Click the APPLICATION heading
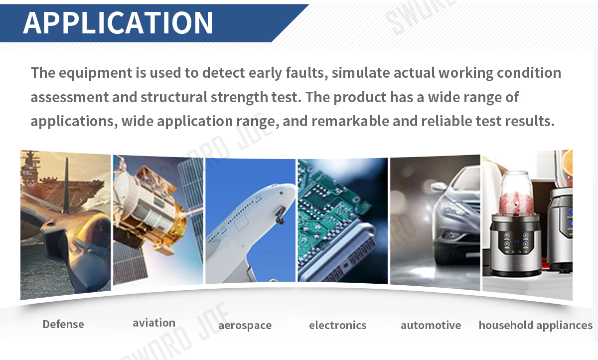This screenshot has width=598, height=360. (x=118, y=23)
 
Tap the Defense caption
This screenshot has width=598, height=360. (x=63, y=324)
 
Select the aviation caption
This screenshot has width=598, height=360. (x=154, y=323)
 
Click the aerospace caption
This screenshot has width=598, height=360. (x=245, y=326)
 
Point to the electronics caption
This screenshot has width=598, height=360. (x=338, y=325)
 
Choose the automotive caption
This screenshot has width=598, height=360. (x=431, y=325)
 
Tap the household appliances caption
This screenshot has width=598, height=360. (x=536, y=325)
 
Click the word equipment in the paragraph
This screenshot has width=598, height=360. (x=96, y=73)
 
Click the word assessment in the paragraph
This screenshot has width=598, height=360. (x=70, y=97)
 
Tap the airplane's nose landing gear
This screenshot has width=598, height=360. (x=280, y=215)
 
